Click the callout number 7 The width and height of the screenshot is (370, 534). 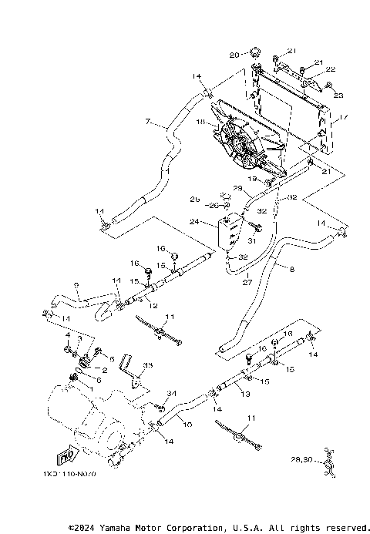(x=147, y=122)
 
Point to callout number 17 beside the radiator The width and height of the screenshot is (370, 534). (x=344, y=118)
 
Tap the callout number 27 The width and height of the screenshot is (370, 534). (x=247, y=282)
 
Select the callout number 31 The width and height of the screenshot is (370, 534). (x=251, y=240)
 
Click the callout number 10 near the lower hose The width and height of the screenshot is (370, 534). (x=189, y=423)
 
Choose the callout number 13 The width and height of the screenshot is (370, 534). (x=247, y=393)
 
